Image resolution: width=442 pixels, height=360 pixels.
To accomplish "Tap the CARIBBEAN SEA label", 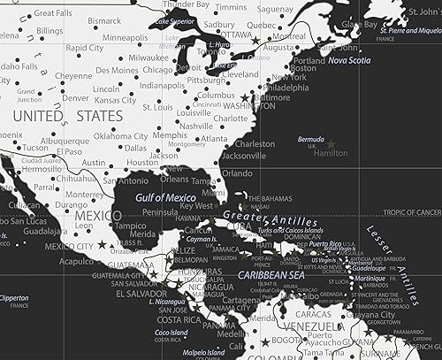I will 270,276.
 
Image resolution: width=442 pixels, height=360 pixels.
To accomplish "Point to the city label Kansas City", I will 114,100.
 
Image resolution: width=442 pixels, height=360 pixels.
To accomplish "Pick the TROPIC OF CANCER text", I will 410,212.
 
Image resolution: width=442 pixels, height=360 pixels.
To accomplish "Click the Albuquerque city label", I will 64,141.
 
